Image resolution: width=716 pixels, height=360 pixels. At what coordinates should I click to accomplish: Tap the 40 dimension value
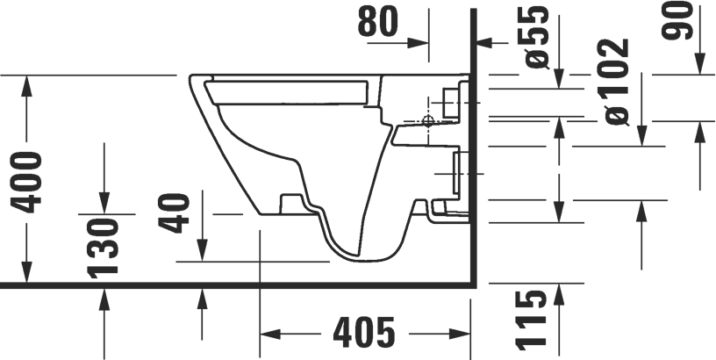click(178, 213)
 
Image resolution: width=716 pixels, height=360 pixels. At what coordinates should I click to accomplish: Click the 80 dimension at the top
click(380, 22)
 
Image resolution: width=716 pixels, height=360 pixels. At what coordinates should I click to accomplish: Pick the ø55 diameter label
click(538, 37)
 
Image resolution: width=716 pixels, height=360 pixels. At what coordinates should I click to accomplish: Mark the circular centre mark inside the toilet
click(428, 120)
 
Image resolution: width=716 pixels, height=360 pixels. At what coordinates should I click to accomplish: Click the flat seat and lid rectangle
click(290, 90)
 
